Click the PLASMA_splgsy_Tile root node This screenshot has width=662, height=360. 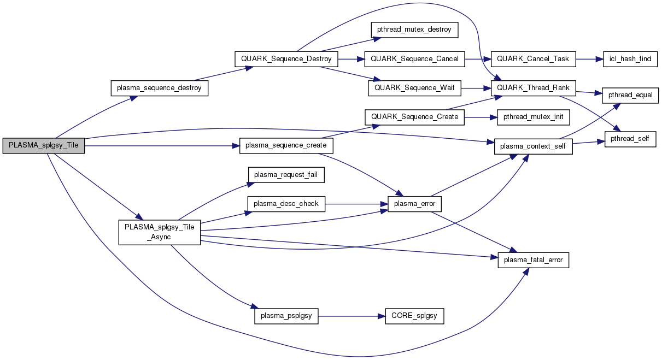click(x=44, y=146)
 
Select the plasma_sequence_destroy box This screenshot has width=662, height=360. click(x=160, y=88)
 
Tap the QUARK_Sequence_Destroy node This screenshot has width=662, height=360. click(x=286, y=58)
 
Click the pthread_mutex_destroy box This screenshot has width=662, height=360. click(x=414, y=29)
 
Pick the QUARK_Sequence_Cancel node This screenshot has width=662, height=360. click(x=414, y=58)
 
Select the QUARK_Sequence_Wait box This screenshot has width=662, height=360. click(x=415, y=87)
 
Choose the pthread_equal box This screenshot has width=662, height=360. click(x=626, y=95)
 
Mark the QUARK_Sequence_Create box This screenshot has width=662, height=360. click(x=415, y=117)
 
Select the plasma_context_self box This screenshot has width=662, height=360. click(x=533, y=146)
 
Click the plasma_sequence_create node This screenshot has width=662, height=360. click(x=286, y=146)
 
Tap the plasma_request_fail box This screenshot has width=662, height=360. click(x=286, y=175)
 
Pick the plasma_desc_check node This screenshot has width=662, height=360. click(x=286, y=204)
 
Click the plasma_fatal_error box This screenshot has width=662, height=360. click(x=534, y=261)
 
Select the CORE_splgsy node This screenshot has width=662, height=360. click(x=414, y=316)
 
